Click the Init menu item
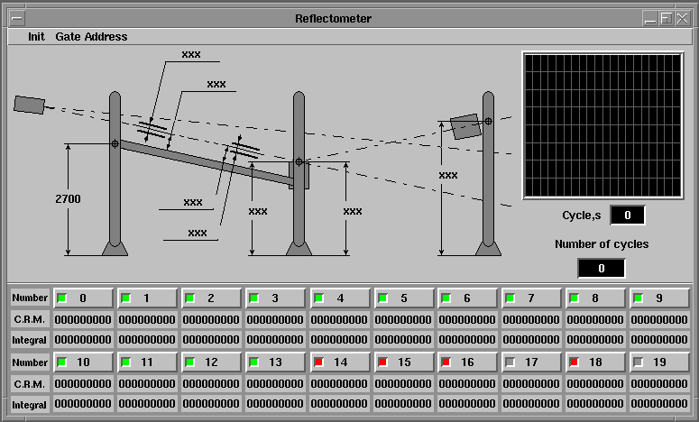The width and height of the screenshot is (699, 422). (x=36, y=37)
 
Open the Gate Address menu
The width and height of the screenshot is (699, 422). (x=91, y=37)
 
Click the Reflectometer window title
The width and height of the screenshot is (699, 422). (x=333, y=19)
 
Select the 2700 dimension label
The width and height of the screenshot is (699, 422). (x=68, y=198)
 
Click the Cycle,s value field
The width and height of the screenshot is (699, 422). (x=627, y=216)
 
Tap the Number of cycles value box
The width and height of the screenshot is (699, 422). (x=602, y=269)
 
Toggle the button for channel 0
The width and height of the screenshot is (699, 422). (x=83, y=298)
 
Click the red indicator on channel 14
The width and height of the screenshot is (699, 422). (x=318, y=362)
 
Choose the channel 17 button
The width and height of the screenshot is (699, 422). (x=531, y=362)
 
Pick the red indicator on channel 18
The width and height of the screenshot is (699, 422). (x=575, y=362)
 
